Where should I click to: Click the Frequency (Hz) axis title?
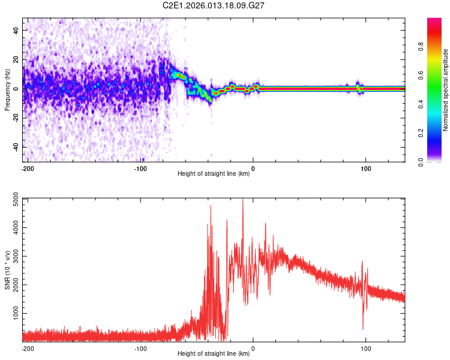[x=7, y=89]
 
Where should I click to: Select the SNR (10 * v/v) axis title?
[x=7, y=269]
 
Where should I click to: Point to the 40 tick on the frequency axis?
[x=16, y=29]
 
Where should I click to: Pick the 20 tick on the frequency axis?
[x=16, y=59]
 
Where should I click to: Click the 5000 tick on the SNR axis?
[x=13, y=200]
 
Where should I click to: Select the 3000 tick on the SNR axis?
[x=13, y=257]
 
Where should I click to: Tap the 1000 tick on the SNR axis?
[x=13, y=314]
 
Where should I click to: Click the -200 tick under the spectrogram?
[x=27, y=168]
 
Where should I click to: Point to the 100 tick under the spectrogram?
[x=365, y=168]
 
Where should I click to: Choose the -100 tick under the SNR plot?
[x=140, y=348]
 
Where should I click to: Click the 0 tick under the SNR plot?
[x=253, y=348]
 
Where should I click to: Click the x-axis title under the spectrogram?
[x=214, y=174]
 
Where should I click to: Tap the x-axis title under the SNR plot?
[x=214, y=354]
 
